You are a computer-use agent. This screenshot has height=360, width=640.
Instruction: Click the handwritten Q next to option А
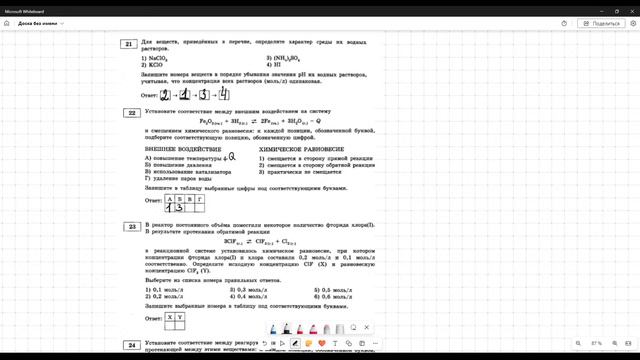(x=231, y=156)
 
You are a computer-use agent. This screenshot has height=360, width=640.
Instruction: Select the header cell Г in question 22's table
(x=200, y=199)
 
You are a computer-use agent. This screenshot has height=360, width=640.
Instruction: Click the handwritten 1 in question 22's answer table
(x=168, y=208)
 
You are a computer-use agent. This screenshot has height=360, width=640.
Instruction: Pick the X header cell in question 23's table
(x=170, y=317)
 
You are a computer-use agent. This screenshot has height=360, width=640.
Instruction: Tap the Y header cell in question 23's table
(x=181, y=317)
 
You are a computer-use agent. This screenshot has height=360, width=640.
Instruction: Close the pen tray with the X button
(x=367, y=327)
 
